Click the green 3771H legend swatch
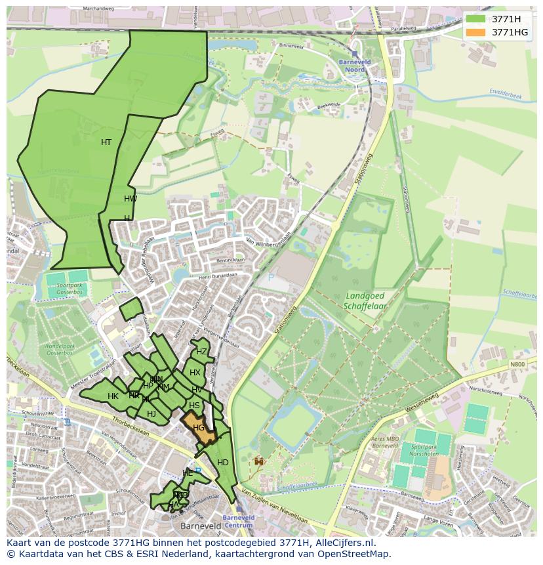pyautogui.click(x=476, y=19)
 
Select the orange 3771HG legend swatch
pyautogui.click(x=476, y=32)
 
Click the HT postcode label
pyautogui.click(x=106, y=142)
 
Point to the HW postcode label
pyautogui.click(x=131, y=199)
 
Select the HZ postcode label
pyautogui.click(x=201, y=352)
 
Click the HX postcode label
pyautogui.click(x=195, y=373)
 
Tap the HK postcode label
pyautogui.click(x=113, y=396)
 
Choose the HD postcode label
pyautogui.click(x=223, y=463)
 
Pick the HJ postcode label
pyautogui.click(x=151, y=414)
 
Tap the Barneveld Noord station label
pyautogui.click(x=355, y=66)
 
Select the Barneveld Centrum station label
pyautogui.click(x=237, y=521)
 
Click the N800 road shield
pyautogui.click(x=518, y=364)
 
